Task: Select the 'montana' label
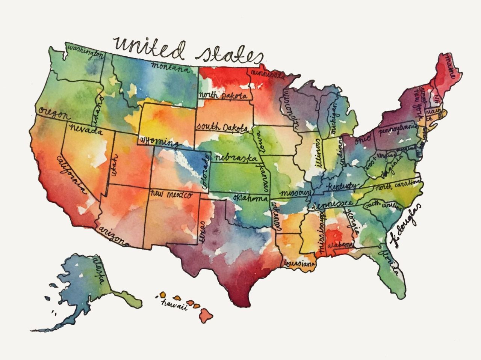tap(169, 68)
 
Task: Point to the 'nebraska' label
tap(232, 158)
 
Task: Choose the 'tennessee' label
tap(330, 204)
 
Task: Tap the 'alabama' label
tap(339, 245)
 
